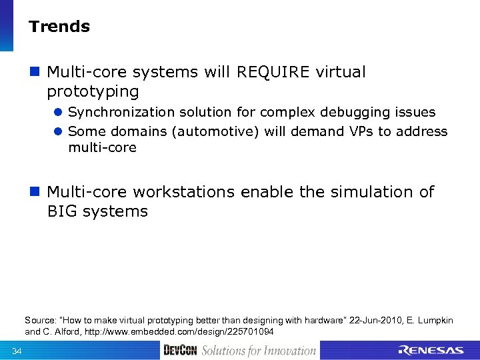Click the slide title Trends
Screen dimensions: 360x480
point(59,27)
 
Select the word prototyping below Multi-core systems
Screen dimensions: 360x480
point(93,91)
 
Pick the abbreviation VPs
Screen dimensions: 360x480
point(361,131)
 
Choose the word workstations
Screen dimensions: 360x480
point(183,192)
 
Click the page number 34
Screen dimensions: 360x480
point(17,351)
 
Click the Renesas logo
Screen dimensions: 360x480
point(430,351)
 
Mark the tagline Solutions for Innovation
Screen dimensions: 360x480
point(259,351)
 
